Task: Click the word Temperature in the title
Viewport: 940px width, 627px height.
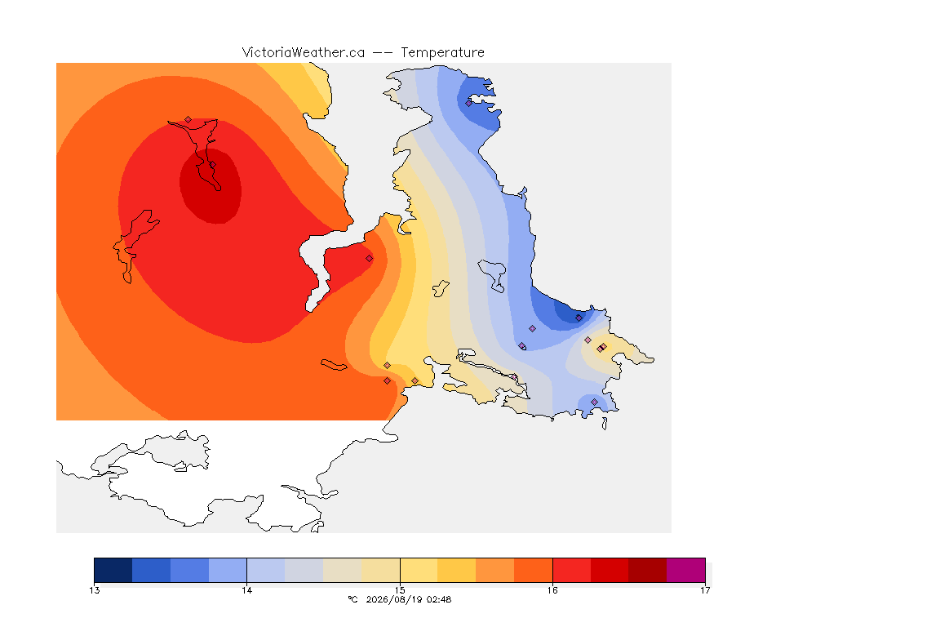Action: pos(442,53)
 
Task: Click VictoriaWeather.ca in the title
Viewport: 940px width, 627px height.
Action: pos(304,53)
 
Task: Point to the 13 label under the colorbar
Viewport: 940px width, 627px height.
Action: pos(95,590)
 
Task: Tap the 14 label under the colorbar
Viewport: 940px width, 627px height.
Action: pos(247,590)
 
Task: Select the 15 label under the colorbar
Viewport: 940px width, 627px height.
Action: pos(400,590)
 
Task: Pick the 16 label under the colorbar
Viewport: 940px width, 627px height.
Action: pos(552,590)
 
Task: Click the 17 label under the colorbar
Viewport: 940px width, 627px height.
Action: pos(705,590)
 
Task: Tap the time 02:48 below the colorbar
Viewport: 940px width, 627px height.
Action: pos(438,599)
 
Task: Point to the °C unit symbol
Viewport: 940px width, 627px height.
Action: pos(352,599)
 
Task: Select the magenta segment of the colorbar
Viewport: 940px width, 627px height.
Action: pos(685,570)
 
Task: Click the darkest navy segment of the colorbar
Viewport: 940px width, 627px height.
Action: pos(113,570)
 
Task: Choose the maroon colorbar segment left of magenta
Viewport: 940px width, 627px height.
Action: pos(647,570)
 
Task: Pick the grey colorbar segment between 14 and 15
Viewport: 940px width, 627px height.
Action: pos(304,570)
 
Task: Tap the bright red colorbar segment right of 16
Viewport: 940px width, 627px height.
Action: pos(571,570)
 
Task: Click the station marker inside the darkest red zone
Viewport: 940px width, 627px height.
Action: pos(212,165)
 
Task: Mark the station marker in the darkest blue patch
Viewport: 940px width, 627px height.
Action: pos(579,318)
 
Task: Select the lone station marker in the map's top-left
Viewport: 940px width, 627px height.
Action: pos(188,120)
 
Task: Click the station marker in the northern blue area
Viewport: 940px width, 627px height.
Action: pos(469,103)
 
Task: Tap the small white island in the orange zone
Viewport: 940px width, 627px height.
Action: pos(334,365)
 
